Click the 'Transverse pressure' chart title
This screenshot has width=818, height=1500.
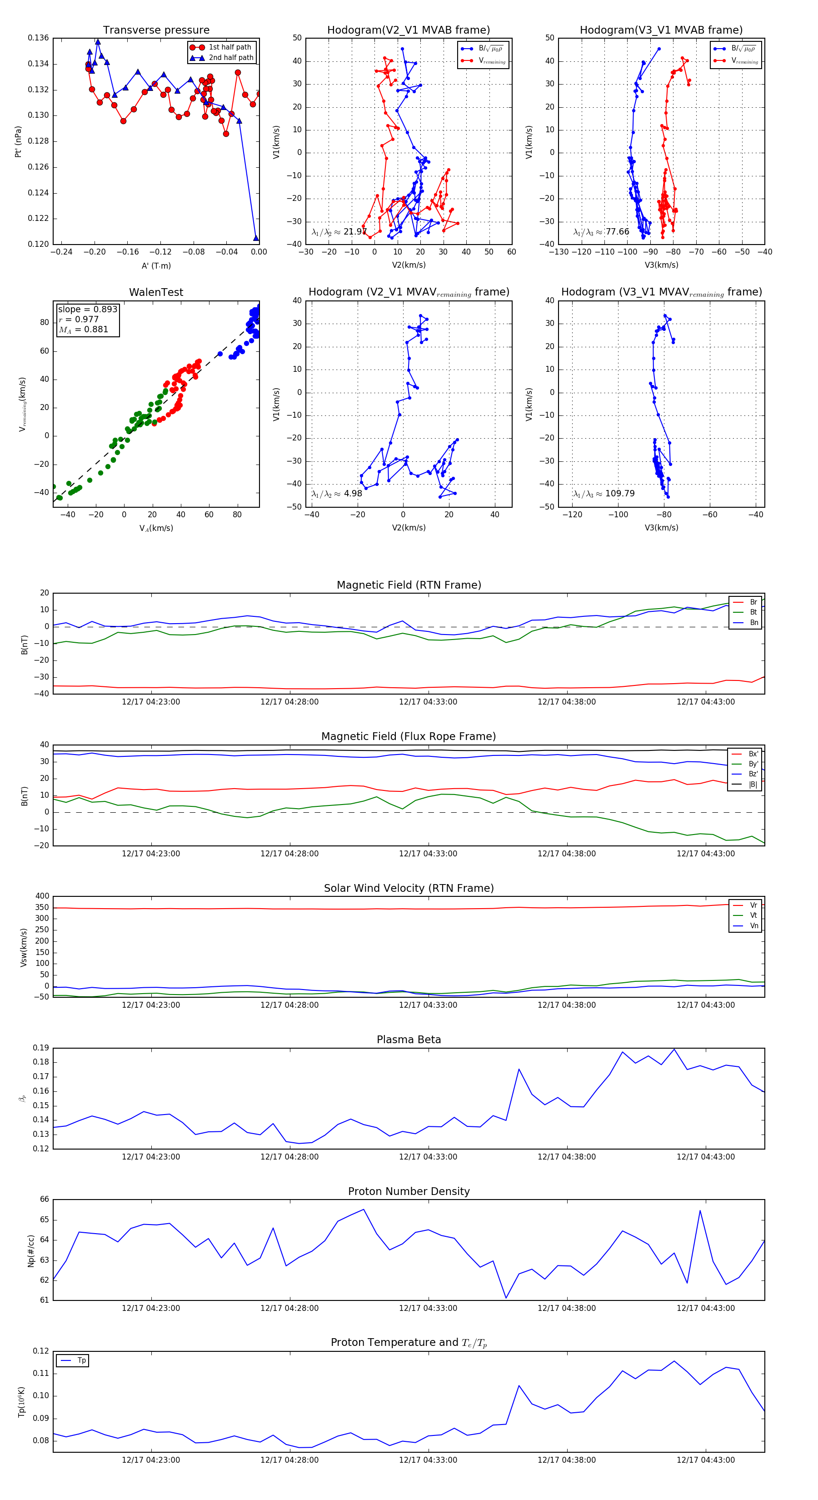[x=156, y=30]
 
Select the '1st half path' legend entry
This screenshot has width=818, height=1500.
[x=229, y=47]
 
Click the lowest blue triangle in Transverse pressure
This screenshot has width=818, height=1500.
[x=256, y=238]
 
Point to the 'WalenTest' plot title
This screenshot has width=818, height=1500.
[x=156, y=292]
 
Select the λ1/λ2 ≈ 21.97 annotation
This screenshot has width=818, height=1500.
[x=339, y=232]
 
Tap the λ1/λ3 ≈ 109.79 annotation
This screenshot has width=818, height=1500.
[x=604, y=494]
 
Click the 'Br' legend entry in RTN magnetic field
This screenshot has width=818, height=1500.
[x=753, y=602]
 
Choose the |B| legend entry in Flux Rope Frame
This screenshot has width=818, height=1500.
[x=753, y=785]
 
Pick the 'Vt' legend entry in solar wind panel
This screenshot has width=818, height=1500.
[x=753, y=915]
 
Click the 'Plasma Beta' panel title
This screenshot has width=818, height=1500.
[x=409, y=1040]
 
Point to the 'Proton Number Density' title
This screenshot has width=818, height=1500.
[x=409, y=1191]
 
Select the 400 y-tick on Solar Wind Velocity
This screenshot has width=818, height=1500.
[x=42, y=896]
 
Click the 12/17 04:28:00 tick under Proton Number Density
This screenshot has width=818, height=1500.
[x=289, y=1309]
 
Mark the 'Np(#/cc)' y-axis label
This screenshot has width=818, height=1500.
[x=31, y=1250]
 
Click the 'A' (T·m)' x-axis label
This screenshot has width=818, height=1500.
[x=156, y=266]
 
